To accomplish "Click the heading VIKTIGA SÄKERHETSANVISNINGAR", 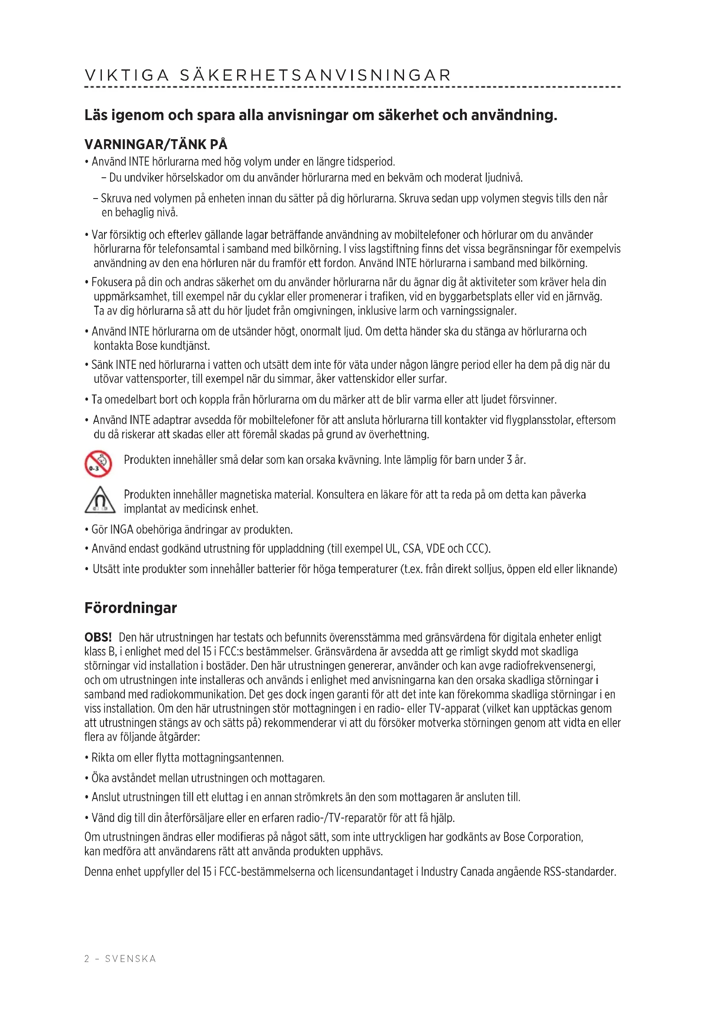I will tap(267, 75).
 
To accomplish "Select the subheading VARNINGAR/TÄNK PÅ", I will tap(156, 144).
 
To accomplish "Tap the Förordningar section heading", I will tap(130, 608).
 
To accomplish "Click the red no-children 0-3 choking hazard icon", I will tap(98, 464).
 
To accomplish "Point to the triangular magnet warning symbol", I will tap(100, 500).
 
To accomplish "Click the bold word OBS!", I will tap(98, 637).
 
